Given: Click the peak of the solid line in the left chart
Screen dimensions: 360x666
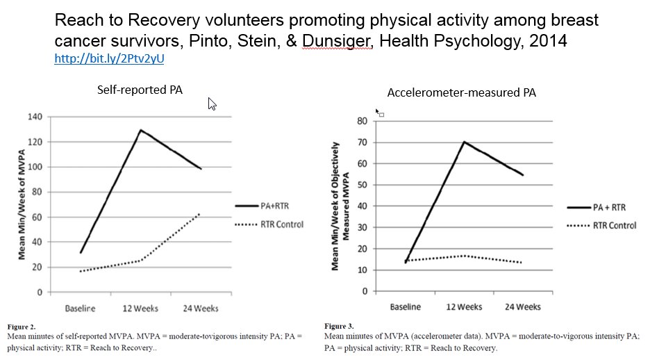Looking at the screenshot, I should click(x=141, y=130).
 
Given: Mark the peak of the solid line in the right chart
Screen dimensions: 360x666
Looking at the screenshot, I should click(x=463, y=142).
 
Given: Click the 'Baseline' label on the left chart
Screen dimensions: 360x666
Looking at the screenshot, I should click(x=80, y=307).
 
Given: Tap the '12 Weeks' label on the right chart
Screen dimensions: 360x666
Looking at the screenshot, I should click(x=463, y=306).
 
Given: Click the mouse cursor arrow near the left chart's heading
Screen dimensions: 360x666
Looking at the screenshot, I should click(x=213, y=104).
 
